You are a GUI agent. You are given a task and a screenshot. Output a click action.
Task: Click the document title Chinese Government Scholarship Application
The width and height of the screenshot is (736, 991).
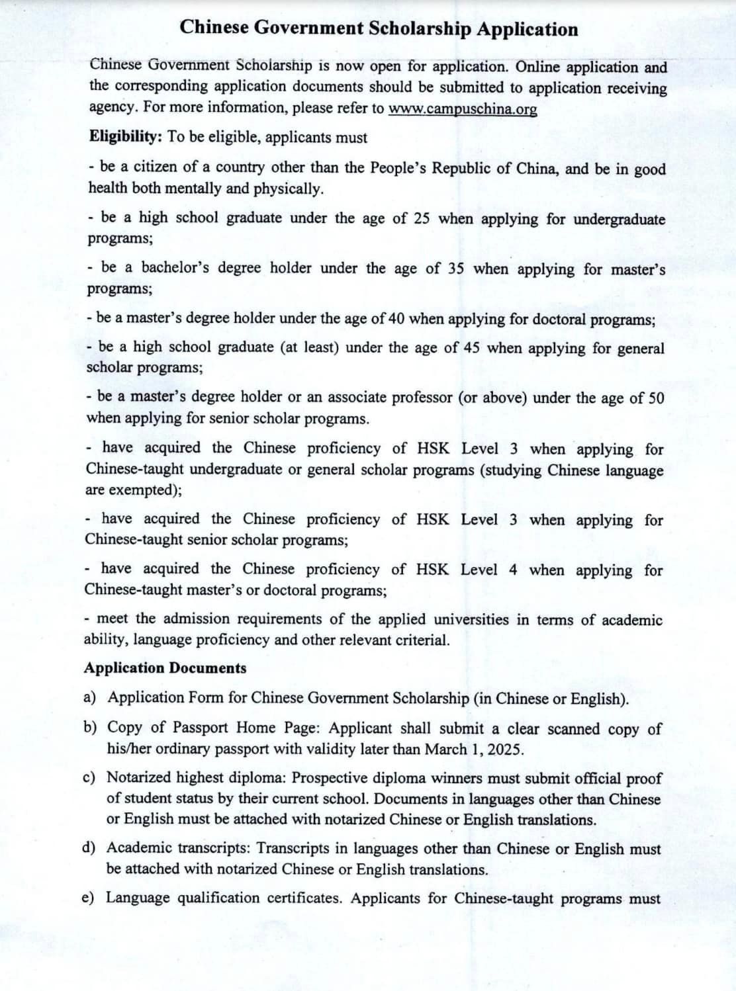coord(379,28)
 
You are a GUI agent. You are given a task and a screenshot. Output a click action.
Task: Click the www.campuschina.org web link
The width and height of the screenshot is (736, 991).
coord(463,109)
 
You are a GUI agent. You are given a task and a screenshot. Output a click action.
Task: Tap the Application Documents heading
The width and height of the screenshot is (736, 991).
coord(165,668)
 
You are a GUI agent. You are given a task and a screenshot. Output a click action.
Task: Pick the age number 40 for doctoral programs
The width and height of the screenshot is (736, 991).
coord(396,319)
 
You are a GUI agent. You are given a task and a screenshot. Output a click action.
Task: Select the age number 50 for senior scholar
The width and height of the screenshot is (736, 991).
coord(656,398)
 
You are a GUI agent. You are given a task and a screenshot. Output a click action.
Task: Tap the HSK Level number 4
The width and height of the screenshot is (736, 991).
coord(513,570)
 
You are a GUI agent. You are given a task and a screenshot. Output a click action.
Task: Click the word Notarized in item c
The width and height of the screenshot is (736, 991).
coord(140,777)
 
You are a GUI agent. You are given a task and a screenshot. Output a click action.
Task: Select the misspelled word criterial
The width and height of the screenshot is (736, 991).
coord(422,640)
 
